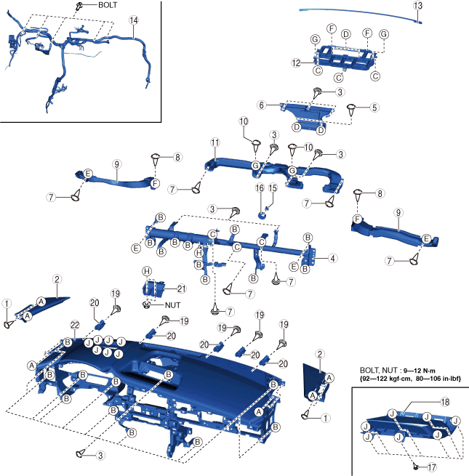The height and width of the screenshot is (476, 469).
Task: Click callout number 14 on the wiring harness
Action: point(132,20)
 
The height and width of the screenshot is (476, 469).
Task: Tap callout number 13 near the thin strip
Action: point(417,6)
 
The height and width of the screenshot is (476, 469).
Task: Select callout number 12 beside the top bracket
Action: point(296,63)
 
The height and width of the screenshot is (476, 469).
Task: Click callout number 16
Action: point(259,187)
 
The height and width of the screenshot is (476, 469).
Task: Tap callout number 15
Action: point(273,187)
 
